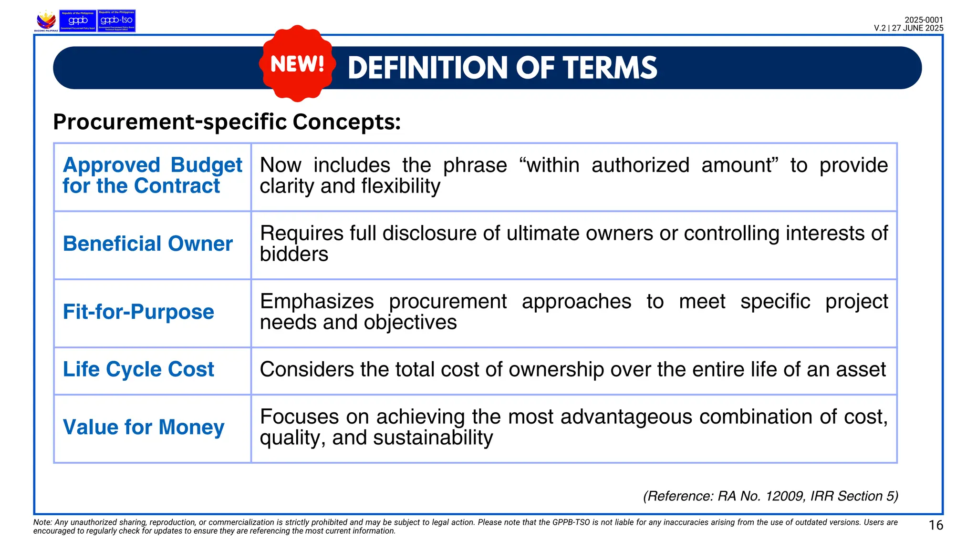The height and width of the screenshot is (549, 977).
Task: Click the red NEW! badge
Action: [297, 63]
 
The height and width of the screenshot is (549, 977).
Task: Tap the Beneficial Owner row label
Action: [147, 244]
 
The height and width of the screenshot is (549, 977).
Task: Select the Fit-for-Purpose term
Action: [138, 312]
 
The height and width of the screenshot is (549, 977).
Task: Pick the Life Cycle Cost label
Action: [138, 369]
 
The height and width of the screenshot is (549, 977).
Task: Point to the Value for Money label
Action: [144, 427]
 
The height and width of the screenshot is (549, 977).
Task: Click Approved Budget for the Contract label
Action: [152, 175]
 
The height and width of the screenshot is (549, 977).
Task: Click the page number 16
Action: [935, 525]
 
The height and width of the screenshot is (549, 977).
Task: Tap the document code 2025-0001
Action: [924, 20]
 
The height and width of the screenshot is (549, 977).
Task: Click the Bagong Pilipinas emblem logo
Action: [46, 21]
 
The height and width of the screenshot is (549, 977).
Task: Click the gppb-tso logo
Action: [116, 20]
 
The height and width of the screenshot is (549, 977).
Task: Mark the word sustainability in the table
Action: [433, 437]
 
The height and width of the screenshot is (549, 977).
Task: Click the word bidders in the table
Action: [294, 254]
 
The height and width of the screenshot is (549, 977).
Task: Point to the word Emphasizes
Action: [317, 302]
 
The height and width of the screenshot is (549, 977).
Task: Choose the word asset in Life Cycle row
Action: [862, 369]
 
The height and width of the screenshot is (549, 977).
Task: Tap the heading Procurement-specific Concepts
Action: [227, 122]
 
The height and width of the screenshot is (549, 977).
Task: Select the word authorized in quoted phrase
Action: [640, 165]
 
